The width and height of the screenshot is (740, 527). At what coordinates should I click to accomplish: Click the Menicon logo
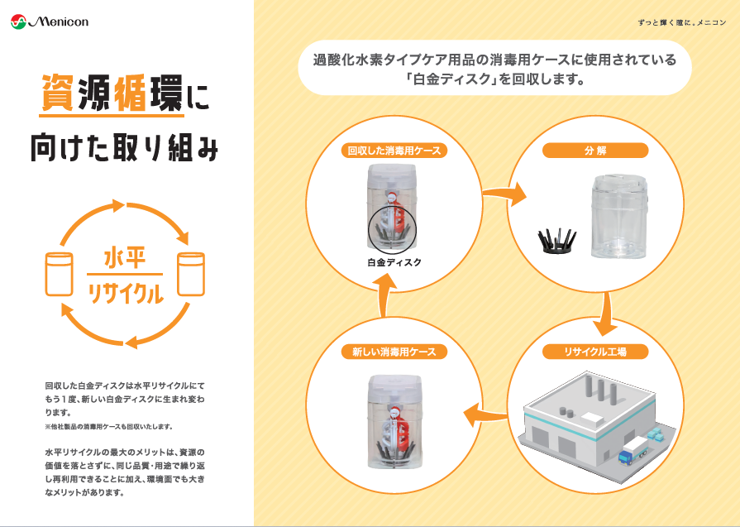(50, 22)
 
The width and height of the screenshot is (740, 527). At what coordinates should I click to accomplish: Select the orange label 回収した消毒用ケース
(394, 151)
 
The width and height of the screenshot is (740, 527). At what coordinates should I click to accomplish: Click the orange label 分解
(595, 151)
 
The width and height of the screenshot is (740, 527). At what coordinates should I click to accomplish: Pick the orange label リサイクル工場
(595, 352)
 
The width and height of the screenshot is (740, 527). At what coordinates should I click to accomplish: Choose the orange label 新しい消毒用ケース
(394, 352)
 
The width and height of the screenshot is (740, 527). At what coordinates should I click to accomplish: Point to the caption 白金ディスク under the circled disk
(394, 262)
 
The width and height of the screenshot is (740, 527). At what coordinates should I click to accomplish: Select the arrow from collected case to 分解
(504, 195)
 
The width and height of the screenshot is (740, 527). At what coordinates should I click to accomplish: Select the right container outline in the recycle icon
(191, 274)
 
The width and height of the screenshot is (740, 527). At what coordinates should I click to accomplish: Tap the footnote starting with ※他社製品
(108, 427)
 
